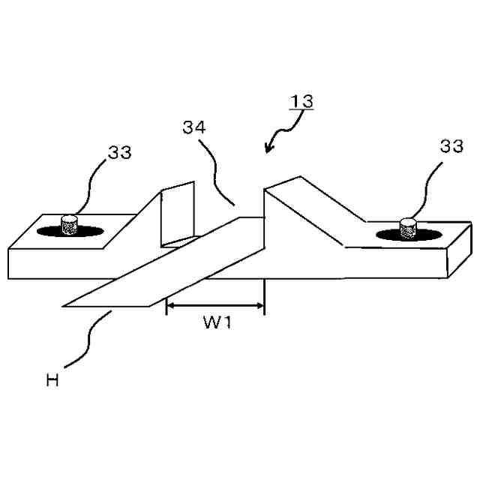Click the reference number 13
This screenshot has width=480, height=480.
(x=301, y=100)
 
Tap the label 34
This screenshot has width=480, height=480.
(x=193, y=127)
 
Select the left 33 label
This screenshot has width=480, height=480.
(x=119, y=153)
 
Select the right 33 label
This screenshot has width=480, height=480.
(x=451, y=147)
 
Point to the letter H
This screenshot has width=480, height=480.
(x=52, y=380)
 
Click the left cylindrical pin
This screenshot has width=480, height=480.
(x=70, y=223)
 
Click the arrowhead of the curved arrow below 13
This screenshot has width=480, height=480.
(x=268, y=148)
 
